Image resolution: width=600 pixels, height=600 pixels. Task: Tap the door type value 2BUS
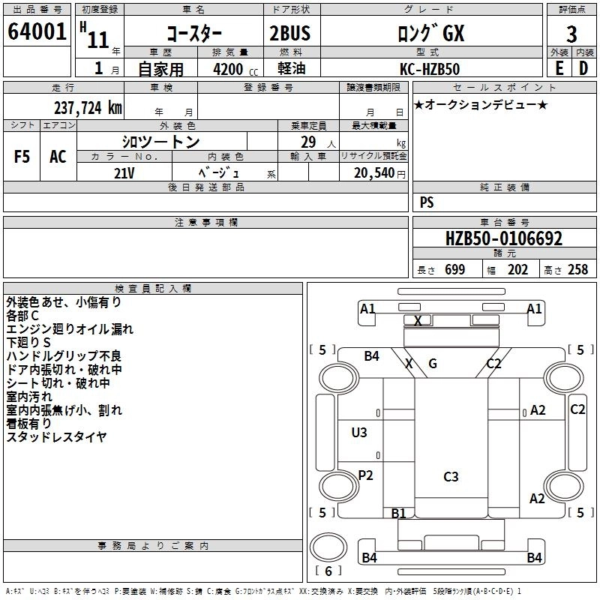[x=289, y=34]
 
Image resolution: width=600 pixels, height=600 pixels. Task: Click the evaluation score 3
[x=571, y=34]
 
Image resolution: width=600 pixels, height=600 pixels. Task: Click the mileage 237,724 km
[x=88, y=107]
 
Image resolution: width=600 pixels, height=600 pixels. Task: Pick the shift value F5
[x=22, y=157]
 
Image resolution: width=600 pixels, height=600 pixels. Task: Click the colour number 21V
[x=124, y=172]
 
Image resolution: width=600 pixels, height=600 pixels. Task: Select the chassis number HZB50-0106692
[x=503, y=238]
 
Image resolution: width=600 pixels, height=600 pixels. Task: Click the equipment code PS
[x=427, y=202]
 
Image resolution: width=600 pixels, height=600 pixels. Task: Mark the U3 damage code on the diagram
[x=359, y=432]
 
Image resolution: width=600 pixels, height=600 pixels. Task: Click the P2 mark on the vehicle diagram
[x=365, y=475]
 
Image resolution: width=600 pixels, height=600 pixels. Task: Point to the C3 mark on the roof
[x=451, y=476]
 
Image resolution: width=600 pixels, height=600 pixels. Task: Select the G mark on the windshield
[x=433, y=364]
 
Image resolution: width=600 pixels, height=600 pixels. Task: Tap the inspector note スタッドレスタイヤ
[x=57, y=436]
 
